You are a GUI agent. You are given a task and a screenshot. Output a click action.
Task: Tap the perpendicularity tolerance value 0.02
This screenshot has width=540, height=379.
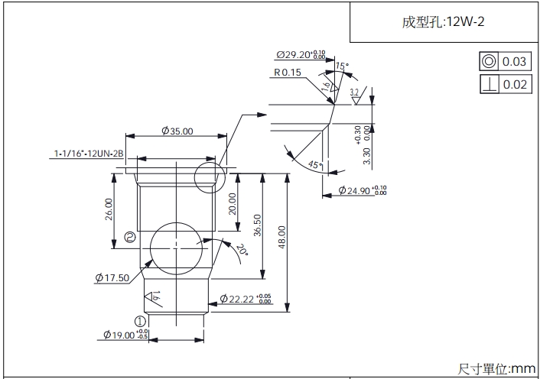point(515,84)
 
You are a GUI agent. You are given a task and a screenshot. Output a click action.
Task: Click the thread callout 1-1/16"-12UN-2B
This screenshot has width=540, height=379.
point(89,154)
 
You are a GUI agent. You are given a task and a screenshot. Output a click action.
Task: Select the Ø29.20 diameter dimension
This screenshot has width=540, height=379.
point(301,56)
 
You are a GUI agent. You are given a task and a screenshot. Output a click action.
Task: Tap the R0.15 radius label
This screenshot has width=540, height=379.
point(288,73)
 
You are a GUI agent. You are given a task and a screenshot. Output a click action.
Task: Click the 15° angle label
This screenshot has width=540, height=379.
point(342,66)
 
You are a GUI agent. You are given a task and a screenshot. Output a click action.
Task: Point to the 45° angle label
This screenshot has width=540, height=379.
point(314,165)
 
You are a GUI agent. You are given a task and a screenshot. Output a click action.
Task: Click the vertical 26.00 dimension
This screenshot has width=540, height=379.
point(109,209)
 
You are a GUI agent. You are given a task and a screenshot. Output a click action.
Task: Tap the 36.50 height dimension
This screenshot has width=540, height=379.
point(258,226)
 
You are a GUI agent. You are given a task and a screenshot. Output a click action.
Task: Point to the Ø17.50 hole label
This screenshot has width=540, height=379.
point(112,277)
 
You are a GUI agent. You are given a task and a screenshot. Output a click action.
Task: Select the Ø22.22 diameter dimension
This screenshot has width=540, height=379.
point(246,298)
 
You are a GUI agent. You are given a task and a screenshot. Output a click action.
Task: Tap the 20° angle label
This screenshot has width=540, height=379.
point(242,249)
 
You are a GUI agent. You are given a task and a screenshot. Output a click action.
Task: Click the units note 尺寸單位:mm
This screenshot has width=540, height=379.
point(497,368)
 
